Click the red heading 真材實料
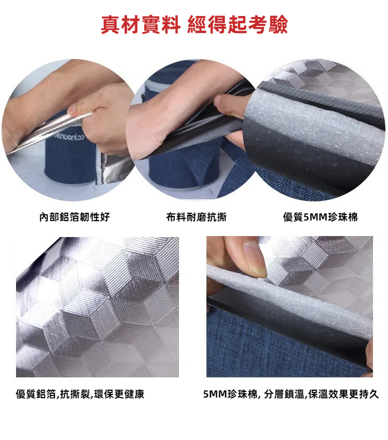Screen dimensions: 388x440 click(x=140, y=24)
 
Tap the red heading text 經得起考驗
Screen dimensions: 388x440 click(x=238, y=24)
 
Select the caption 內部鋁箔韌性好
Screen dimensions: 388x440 click(x=74, y=217)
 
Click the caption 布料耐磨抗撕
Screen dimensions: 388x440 click(x=196, y=217)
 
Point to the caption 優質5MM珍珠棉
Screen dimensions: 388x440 click(x=320, y=217)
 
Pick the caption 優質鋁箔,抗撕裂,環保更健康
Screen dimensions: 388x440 click(x=80, y=394)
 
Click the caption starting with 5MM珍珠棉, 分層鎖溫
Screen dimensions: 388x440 click(x=291, y=394)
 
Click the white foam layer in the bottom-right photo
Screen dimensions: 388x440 click(x=289, y=300)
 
